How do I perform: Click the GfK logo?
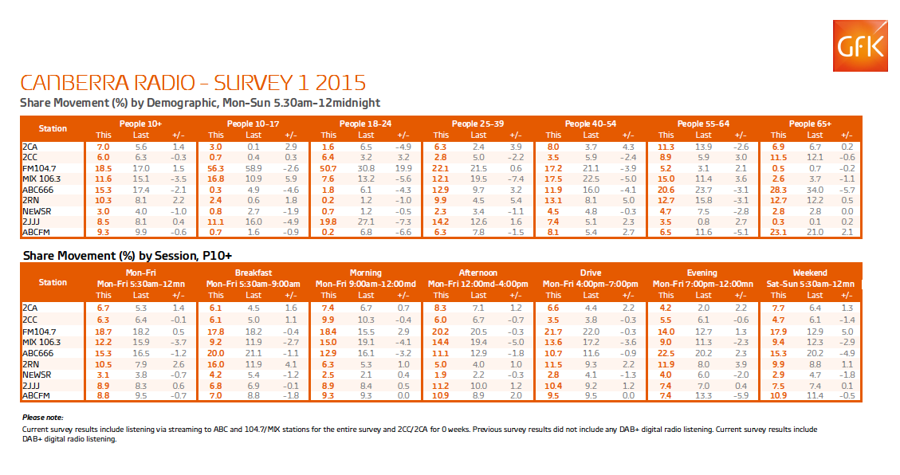pos(859,48)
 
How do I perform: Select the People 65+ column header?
pos(810,124)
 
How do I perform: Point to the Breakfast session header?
pos(253,273)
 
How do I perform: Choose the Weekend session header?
pos(809,273)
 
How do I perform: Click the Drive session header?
pos(590,273)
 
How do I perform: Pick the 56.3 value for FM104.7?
pos(216,169)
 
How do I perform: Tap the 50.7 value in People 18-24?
pos(328,169)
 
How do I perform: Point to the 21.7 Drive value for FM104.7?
pos(554,329)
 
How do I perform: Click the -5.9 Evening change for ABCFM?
pos(741,394)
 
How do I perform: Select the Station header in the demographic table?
pos(53,129)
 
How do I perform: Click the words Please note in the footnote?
pos(41,418)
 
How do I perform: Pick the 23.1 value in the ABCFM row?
pos(778,233)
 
